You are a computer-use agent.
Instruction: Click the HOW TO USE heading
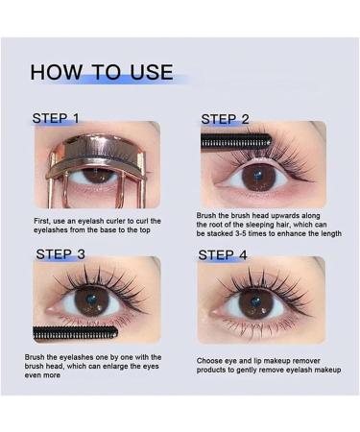[x=101, y=72]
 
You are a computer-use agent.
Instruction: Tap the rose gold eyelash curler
[x=96, y=154]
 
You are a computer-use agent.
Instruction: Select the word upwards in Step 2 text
[x=281, y=217]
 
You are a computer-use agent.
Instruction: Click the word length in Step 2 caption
[x=328, y=234]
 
